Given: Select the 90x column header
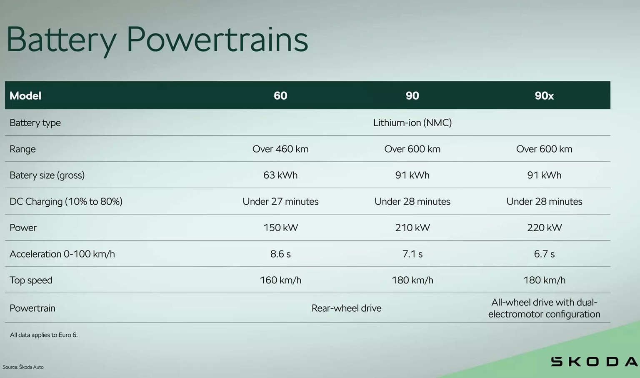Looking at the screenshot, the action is tap(544, 96).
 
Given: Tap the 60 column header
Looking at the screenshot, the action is tap(280, 96).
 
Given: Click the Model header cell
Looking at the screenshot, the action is tap(25, 96).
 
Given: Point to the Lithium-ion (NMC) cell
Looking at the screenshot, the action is tap(412, 123).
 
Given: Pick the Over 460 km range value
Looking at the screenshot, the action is tap(280, 149).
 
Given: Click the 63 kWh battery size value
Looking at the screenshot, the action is tap(280, 175).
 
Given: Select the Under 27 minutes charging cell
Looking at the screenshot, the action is tap(280, 202).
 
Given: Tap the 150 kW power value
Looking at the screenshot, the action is tap(280, 228).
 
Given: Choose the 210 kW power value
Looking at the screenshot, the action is tap(412, 228).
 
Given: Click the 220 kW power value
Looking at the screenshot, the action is tap(544, 228).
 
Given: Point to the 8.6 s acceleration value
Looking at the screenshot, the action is tap(280, 254).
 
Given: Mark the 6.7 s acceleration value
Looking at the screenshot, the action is tap(544, 254).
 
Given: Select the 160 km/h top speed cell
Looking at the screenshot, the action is tap(280, 280).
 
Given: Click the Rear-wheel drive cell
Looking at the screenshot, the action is tap(346, 308).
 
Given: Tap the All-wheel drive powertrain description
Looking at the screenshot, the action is tap(544, 308).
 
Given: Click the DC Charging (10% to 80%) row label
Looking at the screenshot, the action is tap(66, 202).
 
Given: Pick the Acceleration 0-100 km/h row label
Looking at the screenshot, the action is tap(62, 254).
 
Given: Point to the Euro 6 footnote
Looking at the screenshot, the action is tap(44, 335).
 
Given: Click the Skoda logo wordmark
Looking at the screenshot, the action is tap(594, 361).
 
